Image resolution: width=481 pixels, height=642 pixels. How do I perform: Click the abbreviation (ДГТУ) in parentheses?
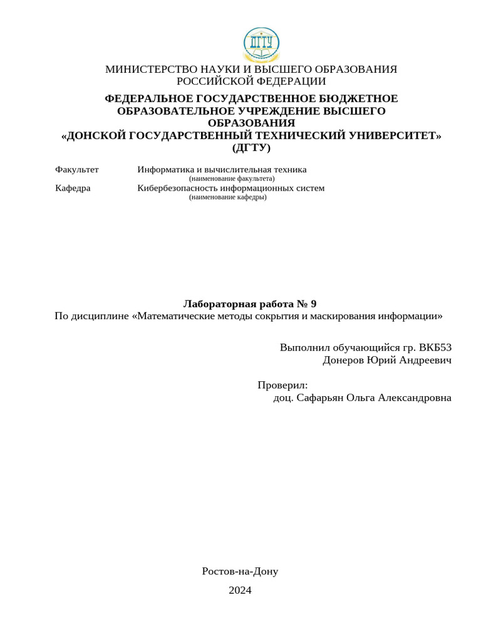tap(251, 149)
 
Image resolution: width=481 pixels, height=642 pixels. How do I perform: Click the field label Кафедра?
tap(73, 188)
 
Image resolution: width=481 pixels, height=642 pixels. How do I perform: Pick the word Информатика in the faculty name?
tap(165, 170)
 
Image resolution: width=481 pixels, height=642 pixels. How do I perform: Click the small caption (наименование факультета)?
tap(232, 179)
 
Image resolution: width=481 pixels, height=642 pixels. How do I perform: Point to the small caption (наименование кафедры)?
tap(227, 197)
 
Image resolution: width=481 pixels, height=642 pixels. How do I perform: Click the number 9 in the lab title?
tap(313, 304)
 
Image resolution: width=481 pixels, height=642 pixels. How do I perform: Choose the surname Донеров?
tap(344, 360)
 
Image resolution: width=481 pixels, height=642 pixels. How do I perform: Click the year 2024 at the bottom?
tap(240, 590)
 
